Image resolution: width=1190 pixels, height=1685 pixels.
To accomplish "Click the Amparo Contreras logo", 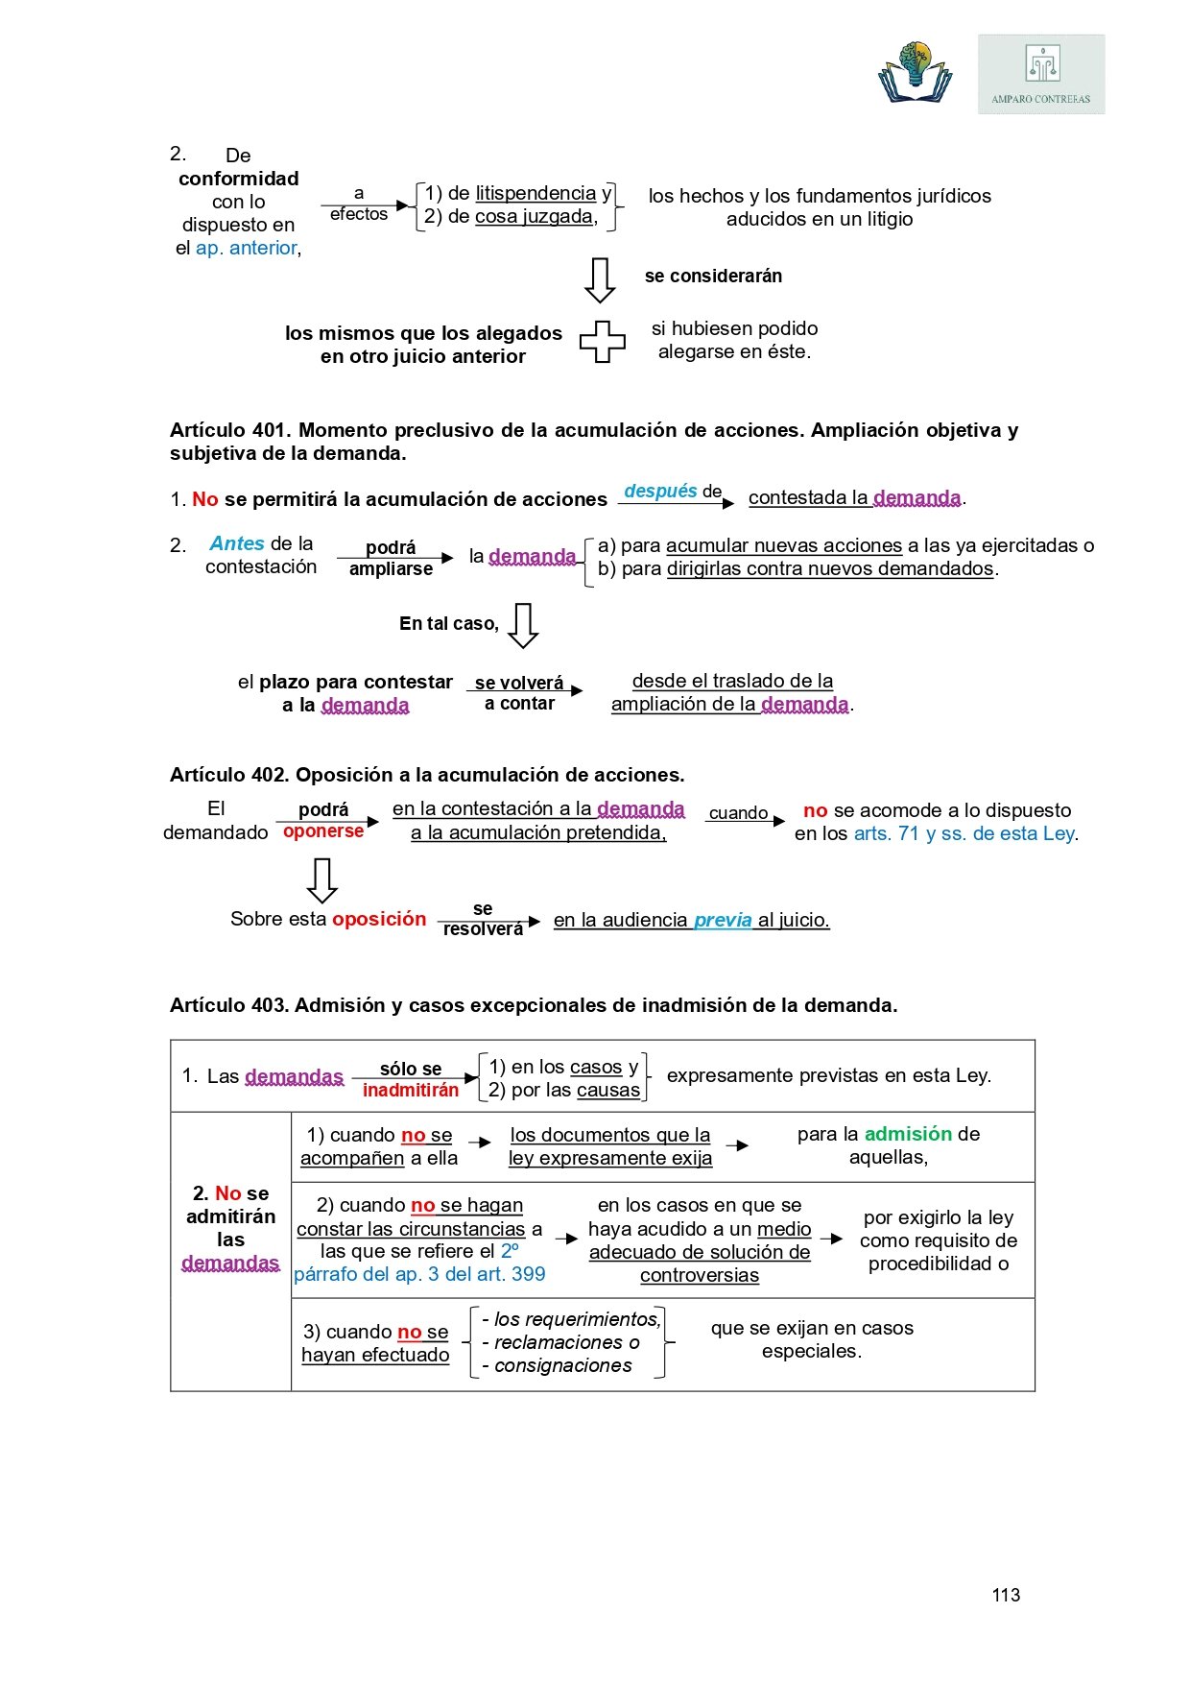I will coord(1041,75).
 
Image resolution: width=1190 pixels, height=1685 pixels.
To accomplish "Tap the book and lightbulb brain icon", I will coord(916,72).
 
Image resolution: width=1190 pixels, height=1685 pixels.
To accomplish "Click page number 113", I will coord(1006,1595).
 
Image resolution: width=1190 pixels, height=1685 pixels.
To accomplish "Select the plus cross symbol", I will coord(602,341).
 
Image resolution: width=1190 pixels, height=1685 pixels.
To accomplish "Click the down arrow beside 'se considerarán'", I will coord(600,279).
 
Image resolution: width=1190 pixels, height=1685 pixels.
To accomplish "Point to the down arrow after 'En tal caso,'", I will coord(523,625).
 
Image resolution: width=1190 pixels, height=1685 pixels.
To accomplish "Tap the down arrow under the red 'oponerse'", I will coord(321,879).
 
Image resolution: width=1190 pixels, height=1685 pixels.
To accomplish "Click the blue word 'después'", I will coord(660,491).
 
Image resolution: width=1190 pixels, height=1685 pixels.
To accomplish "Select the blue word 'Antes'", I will coord(236,543).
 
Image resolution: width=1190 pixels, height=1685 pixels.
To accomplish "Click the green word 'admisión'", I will coord(908,1134).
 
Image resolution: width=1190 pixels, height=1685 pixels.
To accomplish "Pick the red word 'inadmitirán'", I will coord(411,1090).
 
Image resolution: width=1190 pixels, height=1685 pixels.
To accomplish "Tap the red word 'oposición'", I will coord(379,919).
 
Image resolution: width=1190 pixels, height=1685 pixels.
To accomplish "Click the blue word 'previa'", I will coord(723,920).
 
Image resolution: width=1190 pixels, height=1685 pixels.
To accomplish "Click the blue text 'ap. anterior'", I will coord(247,248).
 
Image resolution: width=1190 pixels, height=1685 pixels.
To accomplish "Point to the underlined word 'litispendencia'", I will coord(535,193).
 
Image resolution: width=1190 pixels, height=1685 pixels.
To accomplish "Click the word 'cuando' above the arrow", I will coord(738,812).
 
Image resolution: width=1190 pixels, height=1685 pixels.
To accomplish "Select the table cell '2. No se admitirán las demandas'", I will coord(230,1228).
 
